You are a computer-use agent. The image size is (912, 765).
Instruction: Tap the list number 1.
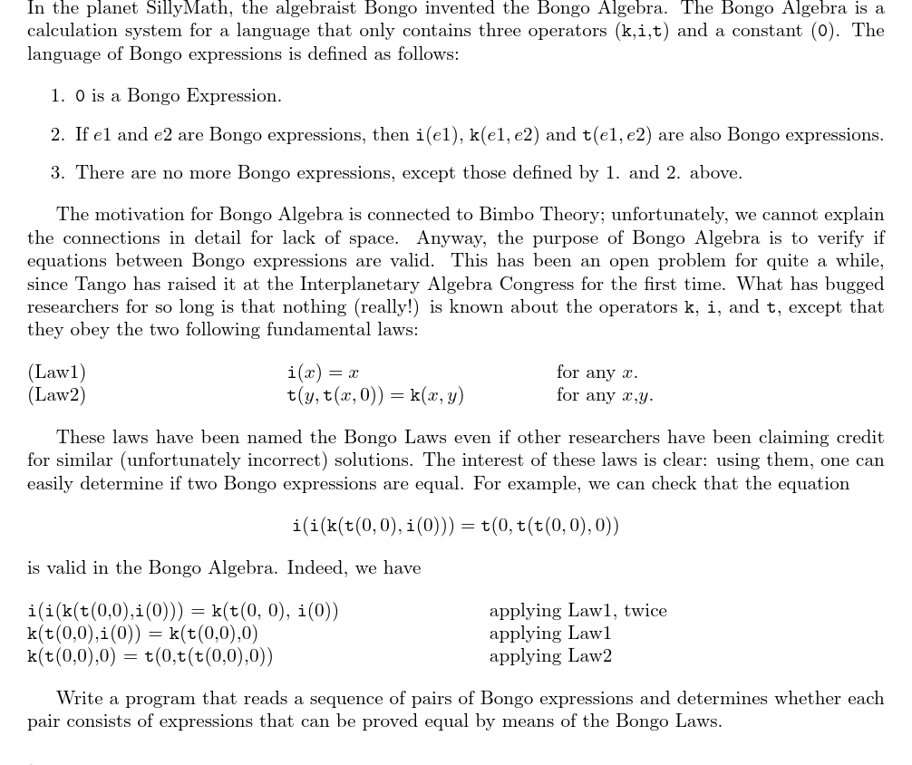57,96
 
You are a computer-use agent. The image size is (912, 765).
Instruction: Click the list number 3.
57,173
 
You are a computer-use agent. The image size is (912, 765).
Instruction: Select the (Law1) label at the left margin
56,373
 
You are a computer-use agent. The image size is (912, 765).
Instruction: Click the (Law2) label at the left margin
56,395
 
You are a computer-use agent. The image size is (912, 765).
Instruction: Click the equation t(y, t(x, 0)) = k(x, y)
374,395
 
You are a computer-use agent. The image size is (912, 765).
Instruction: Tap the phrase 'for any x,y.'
605,395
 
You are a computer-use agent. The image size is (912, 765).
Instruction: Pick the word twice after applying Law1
645,611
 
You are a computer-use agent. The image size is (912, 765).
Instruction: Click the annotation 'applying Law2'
550,656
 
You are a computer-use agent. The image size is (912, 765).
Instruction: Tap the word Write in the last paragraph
80,699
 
